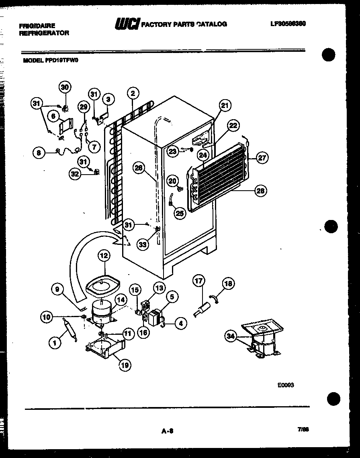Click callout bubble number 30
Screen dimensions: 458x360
(x=65, y=87)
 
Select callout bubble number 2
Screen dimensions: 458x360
(x=133, y=94)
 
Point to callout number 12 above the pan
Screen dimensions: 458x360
(x=104, y=255)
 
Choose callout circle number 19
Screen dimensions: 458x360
(x=125, y=364)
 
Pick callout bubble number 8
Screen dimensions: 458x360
(x=39, y=152)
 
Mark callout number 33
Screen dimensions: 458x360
(x=142, y=244)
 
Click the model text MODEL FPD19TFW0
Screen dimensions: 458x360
(x=51, y=61)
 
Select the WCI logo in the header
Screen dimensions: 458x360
(x=127, y=24)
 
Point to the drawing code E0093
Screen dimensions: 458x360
(x=286, y=385)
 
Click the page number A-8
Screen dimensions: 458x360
(x=167, y=431)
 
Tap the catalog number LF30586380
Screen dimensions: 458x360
(x=288, y=24)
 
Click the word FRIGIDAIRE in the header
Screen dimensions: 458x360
(x=37, y=25)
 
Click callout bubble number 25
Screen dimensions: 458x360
(x=180, y=213)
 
